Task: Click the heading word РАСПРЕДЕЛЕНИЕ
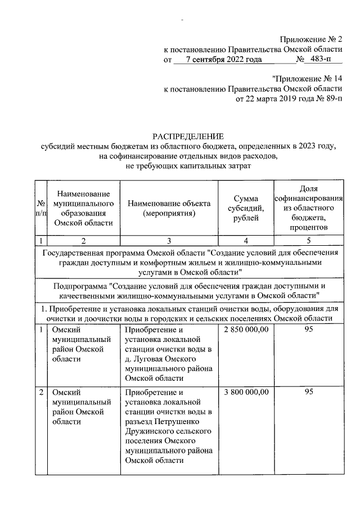(x=188, y=136)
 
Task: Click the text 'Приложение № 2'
(x=311, y=39)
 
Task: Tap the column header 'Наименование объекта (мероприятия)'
(x=169, y=209)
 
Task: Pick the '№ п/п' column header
(x=40, y=209)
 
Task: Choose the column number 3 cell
(x=169, y=241)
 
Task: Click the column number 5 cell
(x=308, y=241)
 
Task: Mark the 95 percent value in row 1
(x=308, y=329)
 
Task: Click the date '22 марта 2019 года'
(x=278, y=100)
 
